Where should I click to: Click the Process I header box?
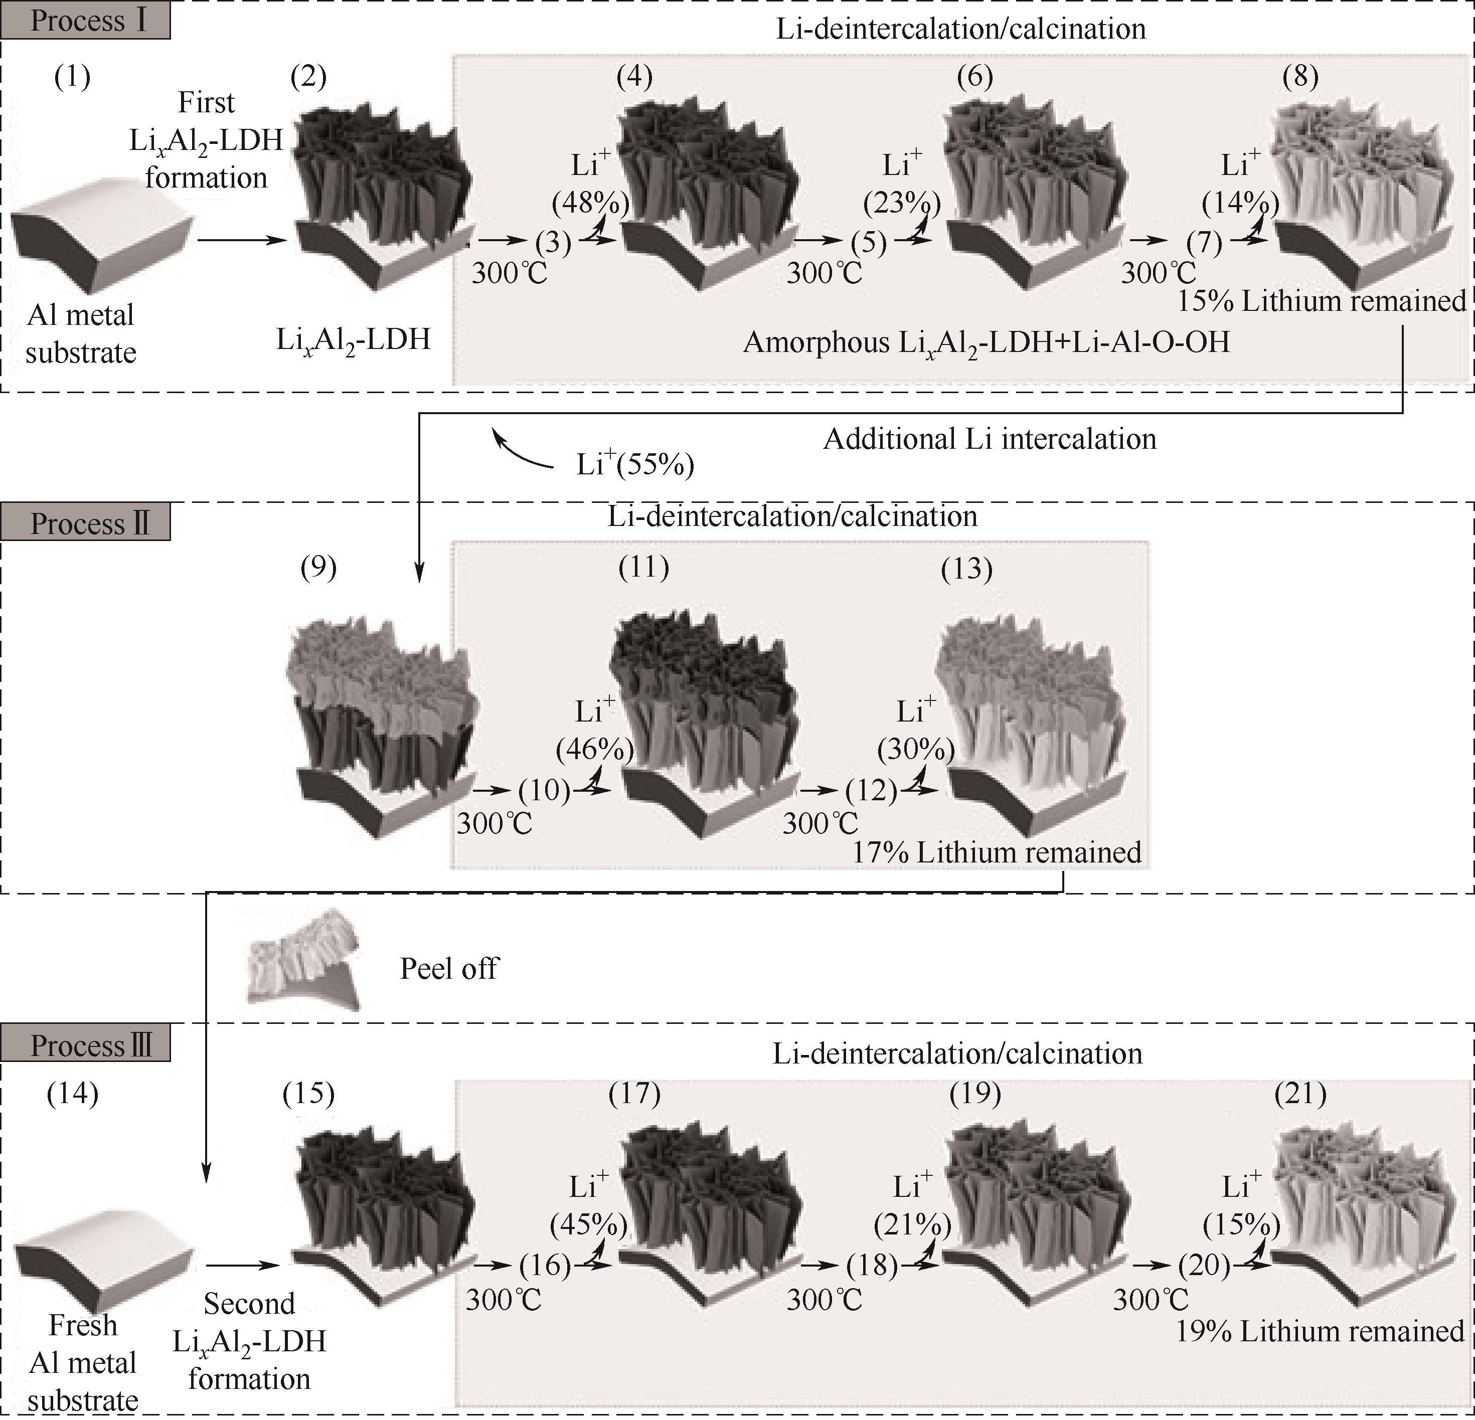(x=85, y=21)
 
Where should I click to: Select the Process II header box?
(x=85, y=523)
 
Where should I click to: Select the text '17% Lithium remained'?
(x=997, y=852)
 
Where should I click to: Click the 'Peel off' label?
(x=448, y=969)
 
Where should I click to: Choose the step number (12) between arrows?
(x=872, y=790)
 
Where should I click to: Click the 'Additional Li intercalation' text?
(x=990, y=439)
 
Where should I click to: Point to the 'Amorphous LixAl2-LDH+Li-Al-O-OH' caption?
(x=987, y=343)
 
